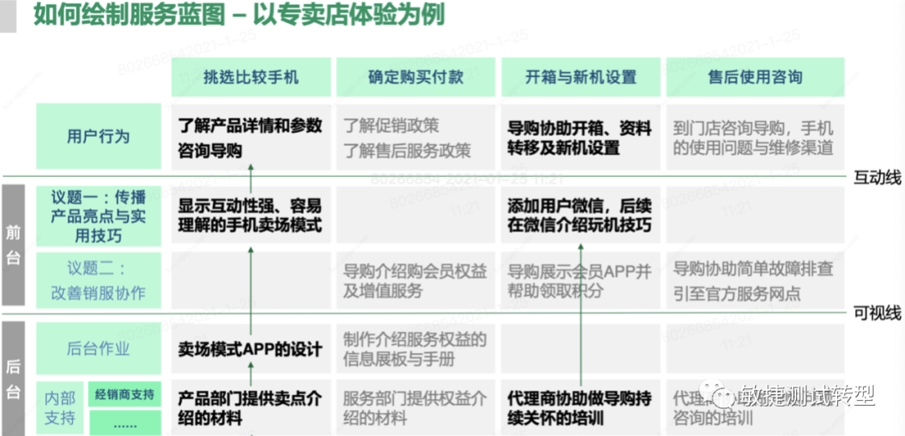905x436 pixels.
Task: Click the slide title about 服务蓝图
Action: [239, 15]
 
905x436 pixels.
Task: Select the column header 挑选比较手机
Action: [251, 77]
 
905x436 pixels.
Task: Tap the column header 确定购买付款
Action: [416, 77]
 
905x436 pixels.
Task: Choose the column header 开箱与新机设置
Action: [581, 77]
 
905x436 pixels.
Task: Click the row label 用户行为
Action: [99, 136]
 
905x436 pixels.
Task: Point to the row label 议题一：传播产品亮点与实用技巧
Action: [99, 216]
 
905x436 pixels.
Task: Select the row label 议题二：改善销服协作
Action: [99, 281]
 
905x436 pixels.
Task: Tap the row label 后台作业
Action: [99, 349]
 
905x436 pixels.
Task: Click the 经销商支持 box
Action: [124, 394]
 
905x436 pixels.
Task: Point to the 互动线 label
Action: [877, 177]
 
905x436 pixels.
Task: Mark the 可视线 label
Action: [877, 314]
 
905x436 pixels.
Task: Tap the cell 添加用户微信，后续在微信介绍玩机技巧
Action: [579, 215]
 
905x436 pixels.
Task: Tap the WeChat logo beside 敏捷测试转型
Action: [719, 394]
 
